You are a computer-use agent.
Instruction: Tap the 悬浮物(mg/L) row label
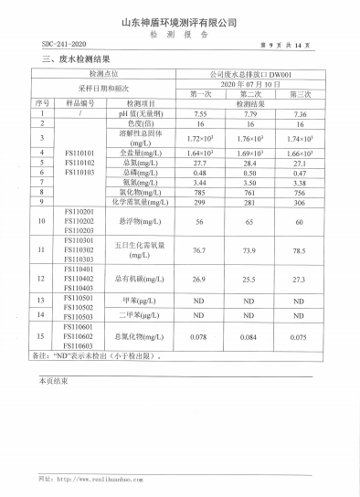coord(139,221)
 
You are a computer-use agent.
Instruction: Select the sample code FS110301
coord(79,240)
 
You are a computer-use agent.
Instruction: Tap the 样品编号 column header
coord(79,103)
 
